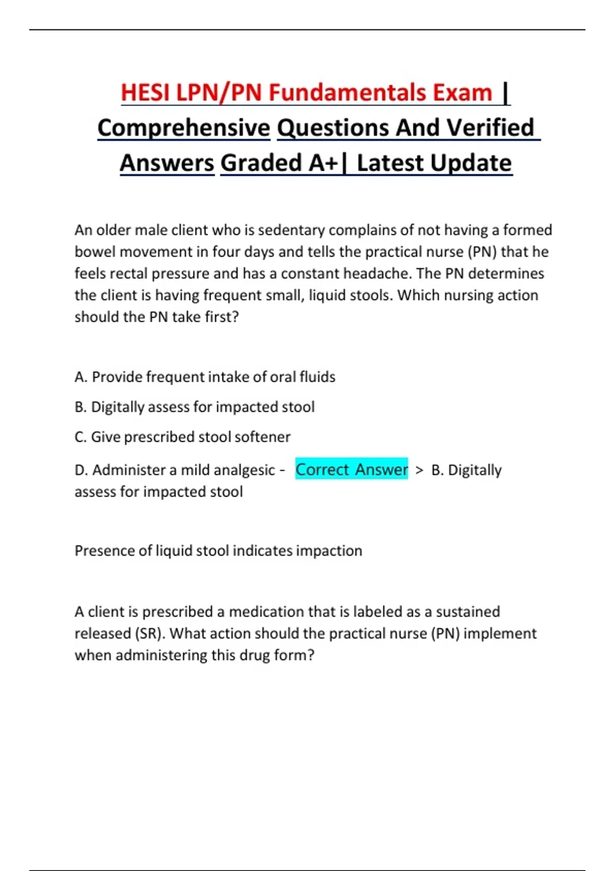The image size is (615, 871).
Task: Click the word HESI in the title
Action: click(x=146, y=93)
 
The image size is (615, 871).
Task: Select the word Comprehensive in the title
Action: click(x=183, y=128)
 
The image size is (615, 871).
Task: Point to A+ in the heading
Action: click(x=323, y=163)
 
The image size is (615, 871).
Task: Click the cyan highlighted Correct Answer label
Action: click(x=352, y=469)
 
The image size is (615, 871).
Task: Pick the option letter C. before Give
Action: click(x=80, y=437)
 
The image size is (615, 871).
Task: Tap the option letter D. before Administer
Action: click(x=81, y=470)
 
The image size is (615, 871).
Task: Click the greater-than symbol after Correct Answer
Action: click(x=420, y=470)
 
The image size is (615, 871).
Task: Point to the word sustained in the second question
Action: click(x=468, y=612)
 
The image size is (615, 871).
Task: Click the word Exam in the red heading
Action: click(x=462, y=93)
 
